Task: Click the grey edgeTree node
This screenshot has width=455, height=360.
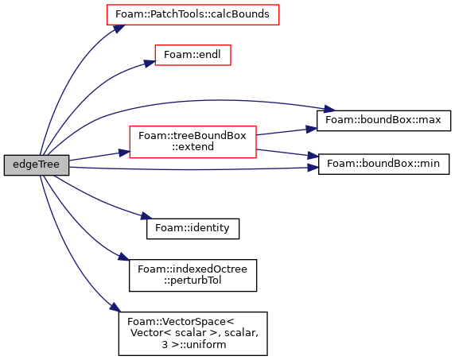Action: coord(37,165)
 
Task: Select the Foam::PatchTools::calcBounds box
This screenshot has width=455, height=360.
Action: coord(192,14)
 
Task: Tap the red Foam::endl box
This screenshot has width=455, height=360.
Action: coord(192,55)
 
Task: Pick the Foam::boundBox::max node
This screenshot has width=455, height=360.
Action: coord(383,120)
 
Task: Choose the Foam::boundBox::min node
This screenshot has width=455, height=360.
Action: coord(383,164)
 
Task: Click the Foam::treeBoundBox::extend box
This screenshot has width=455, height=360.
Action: coord(192,141)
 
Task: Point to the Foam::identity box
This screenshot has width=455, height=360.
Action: coord(192,229)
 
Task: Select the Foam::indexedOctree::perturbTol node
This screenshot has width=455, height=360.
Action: coord(192,275)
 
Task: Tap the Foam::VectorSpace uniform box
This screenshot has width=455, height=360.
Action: coord(192,334)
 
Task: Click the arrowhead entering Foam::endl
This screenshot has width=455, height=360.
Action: coord(150,64)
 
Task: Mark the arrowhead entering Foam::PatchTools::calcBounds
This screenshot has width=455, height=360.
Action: coord(119,29)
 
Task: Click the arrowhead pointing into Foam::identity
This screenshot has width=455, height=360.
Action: coord(146,216)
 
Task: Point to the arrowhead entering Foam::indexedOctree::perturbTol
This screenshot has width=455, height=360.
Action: coord(123,257)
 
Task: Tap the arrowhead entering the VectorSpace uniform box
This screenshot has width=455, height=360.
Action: coord(114,308)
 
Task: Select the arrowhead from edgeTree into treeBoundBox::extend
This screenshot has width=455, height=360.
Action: coord(124,152)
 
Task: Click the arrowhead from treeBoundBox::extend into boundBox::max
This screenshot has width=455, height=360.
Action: coord(311,129)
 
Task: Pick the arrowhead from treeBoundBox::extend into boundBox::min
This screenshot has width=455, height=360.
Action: coord(313,156)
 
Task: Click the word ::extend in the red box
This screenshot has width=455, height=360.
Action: coord(192,147)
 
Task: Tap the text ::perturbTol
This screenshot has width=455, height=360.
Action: coord(192,281)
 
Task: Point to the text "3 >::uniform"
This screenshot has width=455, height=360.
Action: coord(194,345)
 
